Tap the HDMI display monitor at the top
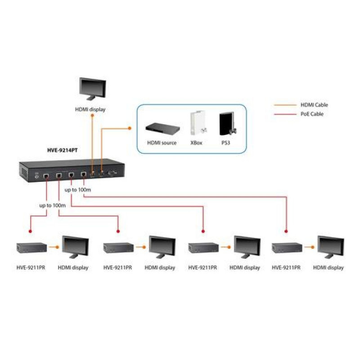pyautogui.click(x=92, y=88)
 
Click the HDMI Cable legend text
pyautogui.click(x=314, y=105)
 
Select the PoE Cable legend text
pyautogui.click(x=312, y=114)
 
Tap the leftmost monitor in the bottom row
pyautogui.click(x=75, y=247)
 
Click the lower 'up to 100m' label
pyautogui.click(x=53, y=205)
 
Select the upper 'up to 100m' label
pyautogui.click(x=78, y=190)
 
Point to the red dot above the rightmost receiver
pyautogui.click(x=286, y=231)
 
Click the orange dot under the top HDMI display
pyautogui.click(x=92, y=115)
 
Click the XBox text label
pyautogui.click(x=197, y=143)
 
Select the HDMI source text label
pyautogui.click(x=162, y=143)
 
